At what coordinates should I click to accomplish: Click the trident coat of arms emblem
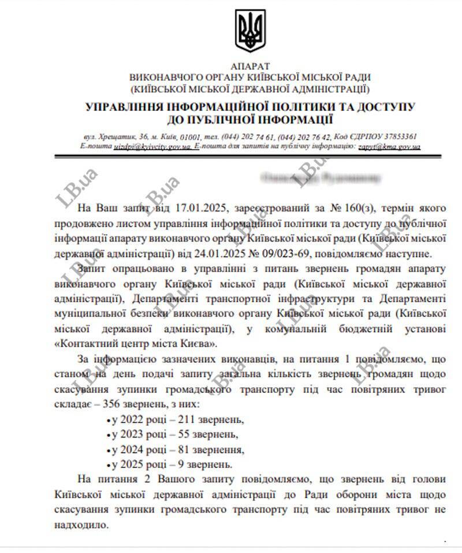[249, 33]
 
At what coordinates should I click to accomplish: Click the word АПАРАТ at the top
[249, 67]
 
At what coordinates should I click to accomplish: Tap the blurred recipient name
[321, 177]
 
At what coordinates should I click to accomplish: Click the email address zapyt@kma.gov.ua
[389, 147]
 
